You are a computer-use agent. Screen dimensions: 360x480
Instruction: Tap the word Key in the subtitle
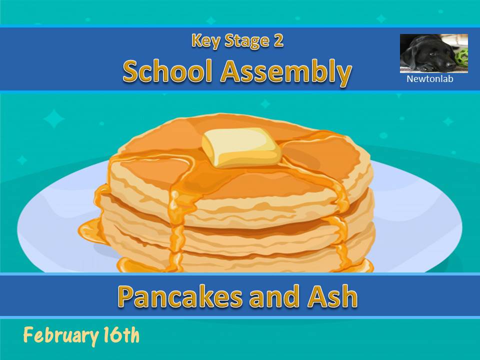click(x=205, y=41)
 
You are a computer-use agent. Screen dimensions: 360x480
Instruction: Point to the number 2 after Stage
click(x=278, y=41)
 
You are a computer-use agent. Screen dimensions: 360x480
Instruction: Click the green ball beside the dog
click(x=462, y=56)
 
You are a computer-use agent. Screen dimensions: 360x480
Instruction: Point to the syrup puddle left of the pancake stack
click(x=90, y=231)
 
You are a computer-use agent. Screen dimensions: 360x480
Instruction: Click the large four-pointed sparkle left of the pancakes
click(x=54, y=119)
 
